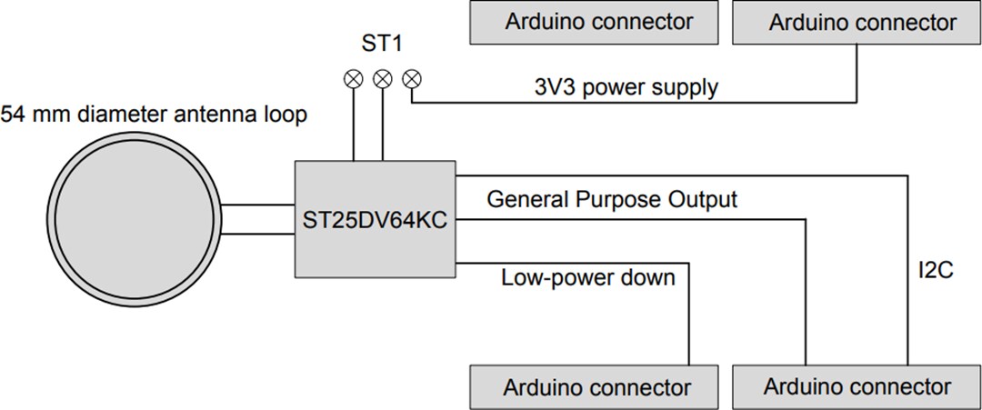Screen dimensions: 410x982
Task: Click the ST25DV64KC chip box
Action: tap(375, 219)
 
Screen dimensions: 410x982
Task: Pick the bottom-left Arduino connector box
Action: tap(598, 387)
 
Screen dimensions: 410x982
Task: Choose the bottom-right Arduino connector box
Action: tap(857, 387)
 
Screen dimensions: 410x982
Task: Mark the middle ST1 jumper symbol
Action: tap(383, 79)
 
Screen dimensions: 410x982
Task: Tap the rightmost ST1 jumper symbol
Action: tap(412, 79)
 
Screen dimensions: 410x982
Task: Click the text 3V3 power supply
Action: tap(626, 88)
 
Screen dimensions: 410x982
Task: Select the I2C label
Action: tap(934, 271)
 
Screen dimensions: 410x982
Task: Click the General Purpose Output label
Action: tap(612, 199)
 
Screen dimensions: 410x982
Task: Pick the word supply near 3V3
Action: tap(687, 88)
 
